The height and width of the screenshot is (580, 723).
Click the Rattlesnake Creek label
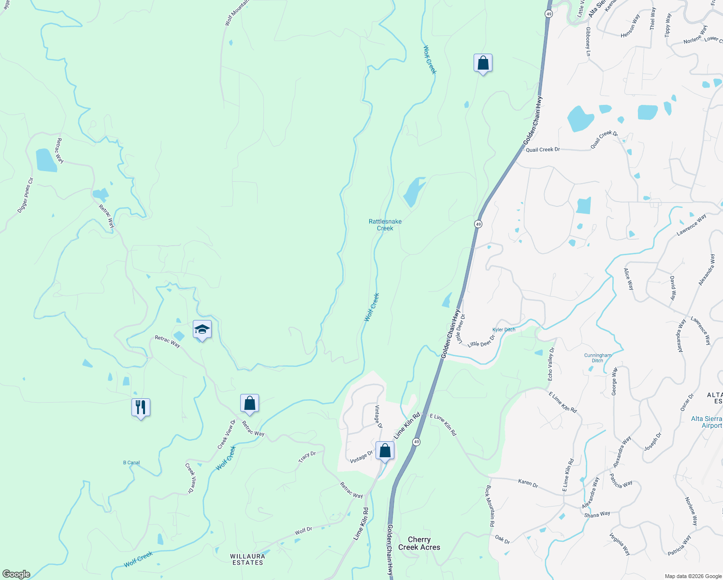[385, 225]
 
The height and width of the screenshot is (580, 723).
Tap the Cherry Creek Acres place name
[419, 543]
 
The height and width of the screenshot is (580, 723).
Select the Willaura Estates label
[248, 559]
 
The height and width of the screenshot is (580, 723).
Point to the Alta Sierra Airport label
[706, 422]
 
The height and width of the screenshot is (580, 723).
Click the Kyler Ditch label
[504, 330]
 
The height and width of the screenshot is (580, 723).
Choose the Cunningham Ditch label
[598, 358]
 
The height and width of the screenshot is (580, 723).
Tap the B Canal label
[131, 463]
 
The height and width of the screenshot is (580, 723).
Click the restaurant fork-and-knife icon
[141, 407]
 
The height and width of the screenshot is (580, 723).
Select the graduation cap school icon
[202, 330]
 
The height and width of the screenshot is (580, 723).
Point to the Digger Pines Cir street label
[25, 196]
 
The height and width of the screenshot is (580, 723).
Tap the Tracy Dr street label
[307, 456]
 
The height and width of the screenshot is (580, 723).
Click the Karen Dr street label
[528, 483]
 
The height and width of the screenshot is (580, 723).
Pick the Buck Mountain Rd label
[491, 506]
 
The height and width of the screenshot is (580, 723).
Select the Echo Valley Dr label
[551, 364]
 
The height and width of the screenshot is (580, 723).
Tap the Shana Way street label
[597, 515]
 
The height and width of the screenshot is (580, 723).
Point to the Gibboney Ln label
[588, 41]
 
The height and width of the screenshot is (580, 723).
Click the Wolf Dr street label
[304, 531]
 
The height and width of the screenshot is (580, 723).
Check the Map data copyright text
[693, 576]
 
